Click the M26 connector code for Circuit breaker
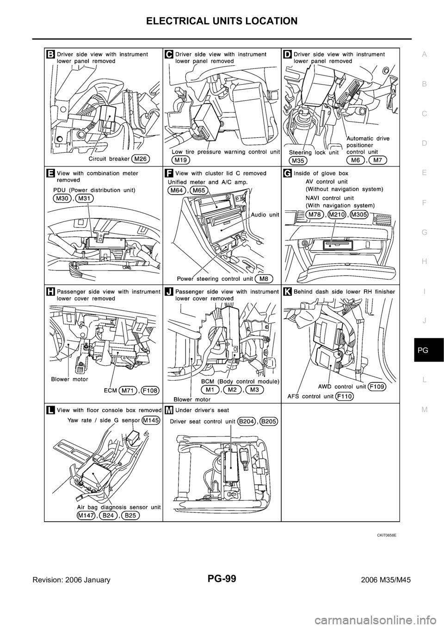[x=140, y=159]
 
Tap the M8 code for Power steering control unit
[x=264, y=278]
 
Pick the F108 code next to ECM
[x=150, y=390]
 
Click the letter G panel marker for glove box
[x=287, y=173]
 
